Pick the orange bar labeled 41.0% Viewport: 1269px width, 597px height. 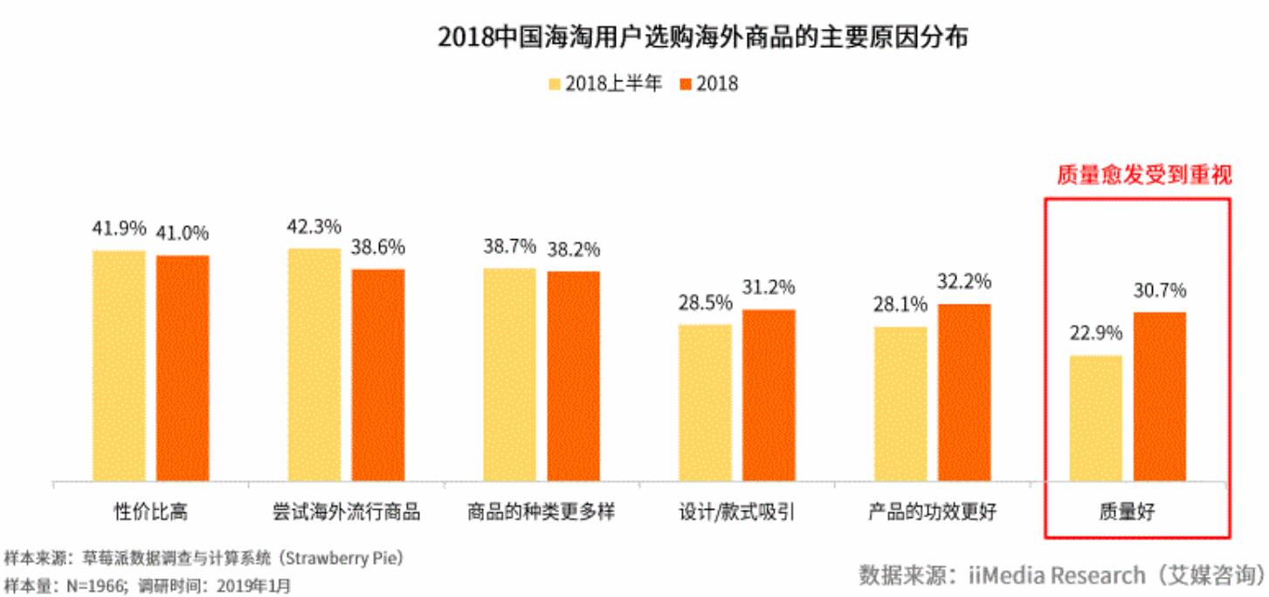pos(183,367)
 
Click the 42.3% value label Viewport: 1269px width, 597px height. pos(314,227)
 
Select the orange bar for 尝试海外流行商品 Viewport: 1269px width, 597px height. pos(378,374)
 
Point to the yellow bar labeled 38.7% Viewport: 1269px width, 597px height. pos(509,374)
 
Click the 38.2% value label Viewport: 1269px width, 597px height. pos(574,250)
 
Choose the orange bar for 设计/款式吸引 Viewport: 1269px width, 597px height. pos(769,395)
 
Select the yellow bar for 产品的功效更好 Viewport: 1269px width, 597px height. pos(900,403)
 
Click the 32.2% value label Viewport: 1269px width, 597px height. pos(964,282)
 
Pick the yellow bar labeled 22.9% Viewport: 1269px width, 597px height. pos(1095,417)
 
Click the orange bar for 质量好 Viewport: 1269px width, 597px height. pos(1160,395)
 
